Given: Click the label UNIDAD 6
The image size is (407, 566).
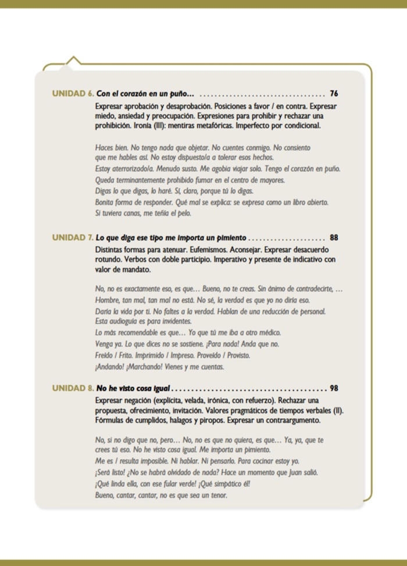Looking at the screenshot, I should pyautogui.click(x=73, y=93).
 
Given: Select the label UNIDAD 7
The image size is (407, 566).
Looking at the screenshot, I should pyautogui.click(x=73, y=238).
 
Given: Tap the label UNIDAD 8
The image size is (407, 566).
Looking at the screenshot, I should pyautogui.click(x=73, y=388).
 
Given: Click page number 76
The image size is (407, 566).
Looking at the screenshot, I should pyautogui.click(x=334, y=93).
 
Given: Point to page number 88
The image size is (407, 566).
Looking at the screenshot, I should pyautogui.click(x=334, y=238).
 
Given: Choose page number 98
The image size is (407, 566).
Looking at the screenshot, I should pyautogui.click(x=334, y=388).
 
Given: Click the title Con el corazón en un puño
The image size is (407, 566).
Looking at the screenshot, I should pyautogui.click(x=145, y=93).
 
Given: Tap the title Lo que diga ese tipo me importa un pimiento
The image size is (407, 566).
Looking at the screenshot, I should pyautogui.click(x=172, y=238).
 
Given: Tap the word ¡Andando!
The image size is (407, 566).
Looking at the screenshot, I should pyautogui.click(x=110, y=367).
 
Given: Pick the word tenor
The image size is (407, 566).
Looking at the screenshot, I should pyautogui.click(x=216, y=496).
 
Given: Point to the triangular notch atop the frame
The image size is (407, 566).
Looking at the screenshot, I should pyautogui.click(x=73, y=61).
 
